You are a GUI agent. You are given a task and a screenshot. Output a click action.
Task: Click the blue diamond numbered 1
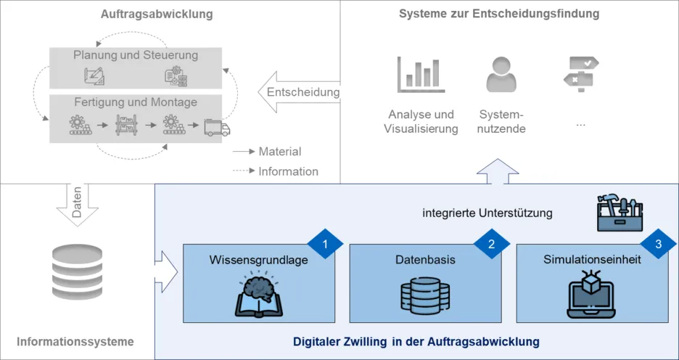[x=325, y=245]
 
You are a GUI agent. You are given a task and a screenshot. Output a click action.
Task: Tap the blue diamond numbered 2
[x=492, y=245]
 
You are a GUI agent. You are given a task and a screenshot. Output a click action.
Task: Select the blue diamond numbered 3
[x=658, y=245]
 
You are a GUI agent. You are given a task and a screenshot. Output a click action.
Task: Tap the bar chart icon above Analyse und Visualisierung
[x=421, y=75]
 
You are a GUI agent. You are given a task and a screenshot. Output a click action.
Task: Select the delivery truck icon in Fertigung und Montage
[x=217, y=128]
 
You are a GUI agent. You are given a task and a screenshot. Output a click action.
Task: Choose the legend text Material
[x=279, y=152]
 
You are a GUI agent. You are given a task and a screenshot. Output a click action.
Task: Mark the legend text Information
[x=288, y=172]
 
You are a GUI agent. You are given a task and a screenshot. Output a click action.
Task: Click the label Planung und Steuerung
[x=136, y=55]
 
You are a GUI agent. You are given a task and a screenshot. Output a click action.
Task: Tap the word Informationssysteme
[x=75, y=341]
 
